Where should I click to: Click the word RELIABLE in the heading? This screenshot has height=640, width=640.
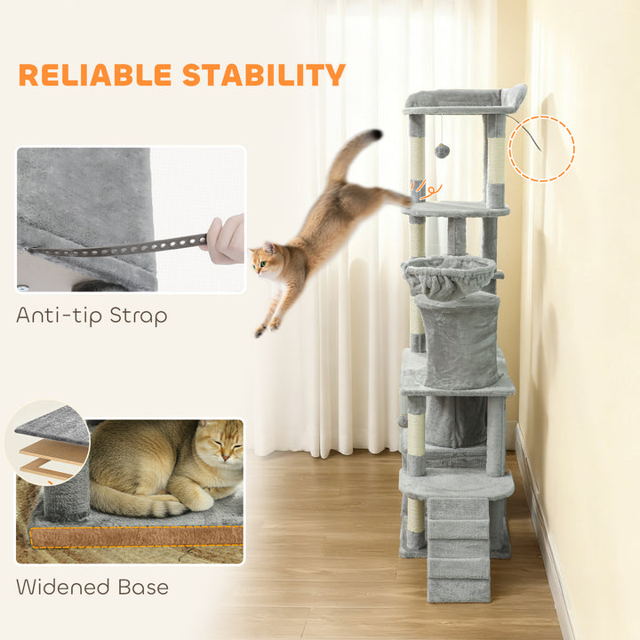click(x=95, y=75)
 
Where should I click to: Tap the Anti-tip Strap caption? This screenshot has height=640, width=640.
click(x=92, y=316)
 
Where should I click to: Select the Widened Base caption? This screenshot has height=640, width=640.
click(x=92, y=587)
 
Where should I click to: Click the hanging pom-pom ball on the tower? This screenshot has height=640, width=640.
click(x=442, y=151)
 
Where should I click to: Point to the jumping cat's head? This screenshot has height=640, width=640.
click(x=266, y=260)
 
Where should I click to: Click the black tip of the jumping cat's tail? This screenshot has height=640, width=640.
click(x=377, y=134)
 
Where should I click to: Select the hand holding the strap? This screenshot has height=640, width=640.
click(x=226, y=237)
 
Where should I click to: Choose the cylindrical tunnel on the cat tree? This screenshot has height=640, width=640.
click(x=459, y=339)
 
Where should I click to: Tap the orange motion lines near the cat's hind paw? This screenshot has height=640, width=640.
click(x=427, y=190)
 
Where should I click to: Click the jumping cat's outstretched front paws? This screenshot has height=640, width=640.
click(x=267, y=325)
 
